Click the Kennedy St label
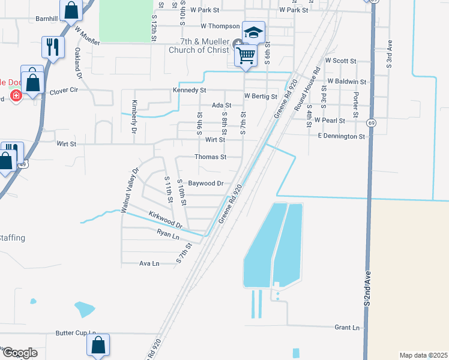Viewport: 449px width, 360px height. [x=189, y=90]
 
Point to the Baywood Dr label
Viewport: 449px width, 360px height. [x=206, y=183]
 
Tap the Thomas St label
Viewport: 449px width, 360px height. [x=210, y=157]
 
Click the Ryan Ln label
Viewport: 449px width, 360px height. [x=168, y=236]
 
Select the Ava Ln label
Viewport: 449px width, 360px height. [x=149, y=263]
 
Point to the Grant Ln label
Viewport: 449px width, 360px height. [x=348, y=328]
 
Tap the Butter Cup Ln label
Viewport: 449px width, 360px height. [x=76, y=332]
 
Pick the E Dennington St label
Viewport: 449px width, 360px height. [x=342, y=137]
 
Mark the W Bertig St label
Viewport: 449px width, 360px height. [x=261, y=96]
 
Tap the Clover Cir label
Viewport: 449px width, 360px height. [x=64, y=90]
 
